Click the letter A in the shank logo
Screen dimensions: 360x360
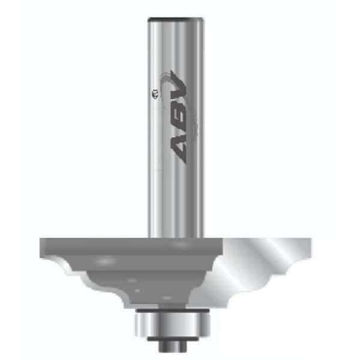click(x=178, y=149)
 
